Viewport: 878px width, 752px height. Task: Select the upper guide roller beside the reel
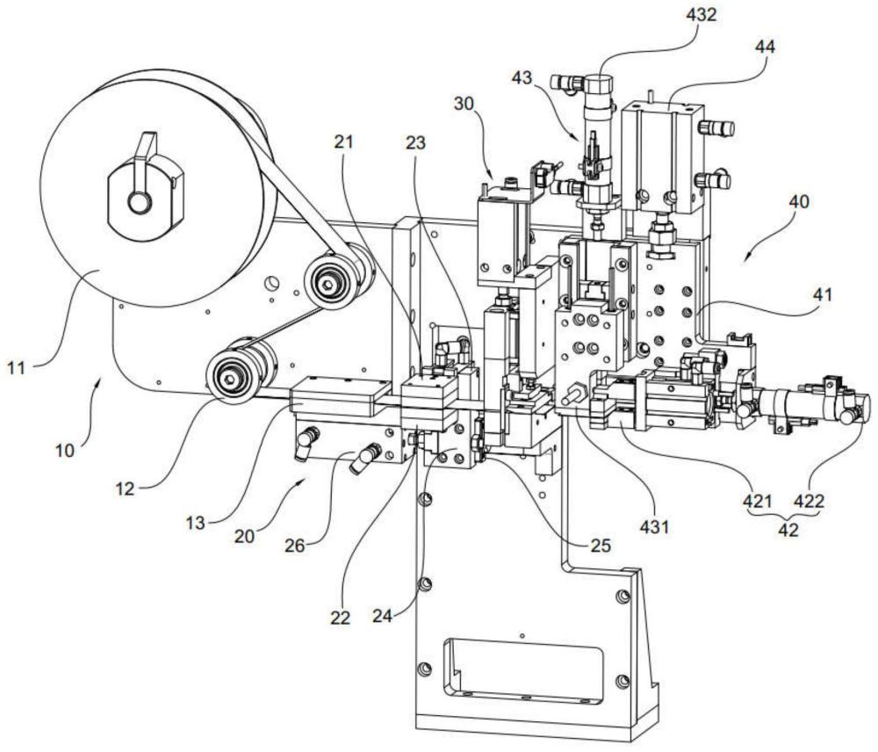330,280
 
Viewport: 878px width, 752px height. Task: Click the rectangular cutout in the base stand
525,669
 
